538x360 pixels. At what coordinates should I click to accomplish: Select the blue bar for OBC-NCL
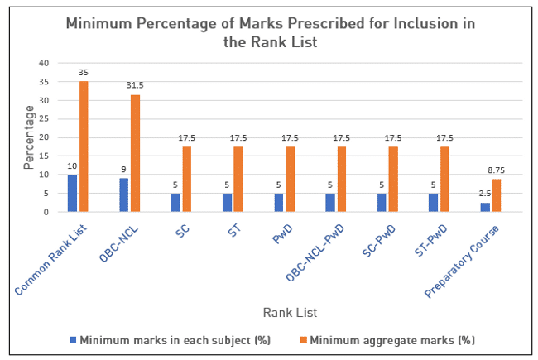pos(123,194)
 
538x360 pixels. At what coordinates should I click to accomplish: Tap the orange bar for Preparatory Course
pos(497,195)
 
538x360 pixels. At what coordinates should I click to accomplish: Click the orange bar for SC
pos(186,179)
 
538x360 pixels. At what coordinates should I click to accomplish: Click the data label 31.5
pos(135,84)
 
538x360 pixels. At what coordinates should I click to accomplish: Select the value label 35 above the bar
pos(84,72)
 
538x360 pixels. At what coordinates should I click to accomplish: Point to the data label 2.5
pos(484,193)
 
